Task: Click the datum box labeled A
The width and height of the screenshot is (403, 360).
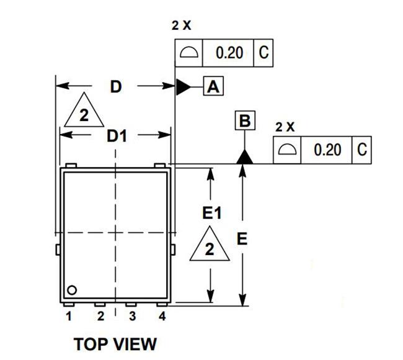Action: (213, 86)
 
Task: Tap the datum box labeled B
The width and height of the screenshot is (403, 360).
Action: (245, 120)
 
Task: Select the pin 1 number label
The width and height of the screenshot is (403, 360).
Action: (69, 316)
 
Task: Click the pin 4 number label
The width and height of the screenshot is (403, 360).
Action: (162, 316)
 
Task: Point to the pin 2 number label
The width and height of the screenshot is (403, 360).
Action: (100, 316)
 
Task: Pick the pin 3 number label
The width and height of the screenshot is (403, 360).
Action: (132, 316)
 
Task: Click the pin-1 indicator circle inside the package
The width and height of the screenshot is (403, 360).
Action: (72, 290)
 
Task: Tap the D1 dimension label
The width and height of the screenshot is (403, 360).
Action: (117, 136)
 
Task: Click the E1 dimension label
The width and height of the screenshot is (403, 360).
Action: (212, 214)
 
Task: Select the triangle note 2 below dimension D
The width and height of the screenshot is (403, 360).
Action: (84, 112)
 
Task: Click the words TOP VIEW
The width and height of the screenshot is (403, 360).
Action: (115, 344)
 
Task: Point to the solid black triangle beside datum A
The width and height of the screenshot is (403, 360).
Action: (184, 87)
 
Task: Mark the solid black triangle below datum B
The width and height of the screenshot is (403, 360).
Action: (244, 156)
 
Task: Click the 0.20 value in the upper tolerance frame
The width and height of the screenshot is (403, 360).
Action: (229, 53)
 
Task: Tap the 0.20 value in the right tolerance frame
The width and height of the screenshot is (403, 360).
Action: (327, 150)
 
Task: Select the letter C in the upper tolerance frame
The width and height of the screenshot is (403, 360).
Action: (263, 53)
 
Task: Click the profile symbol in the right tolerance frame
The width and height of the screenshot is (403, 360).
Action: (287, 150)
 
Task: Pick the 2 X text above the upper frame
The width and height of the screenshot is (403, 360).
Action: (182, 25)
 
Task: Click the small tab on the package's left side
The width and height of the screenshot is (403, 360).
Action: (58, 250)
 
